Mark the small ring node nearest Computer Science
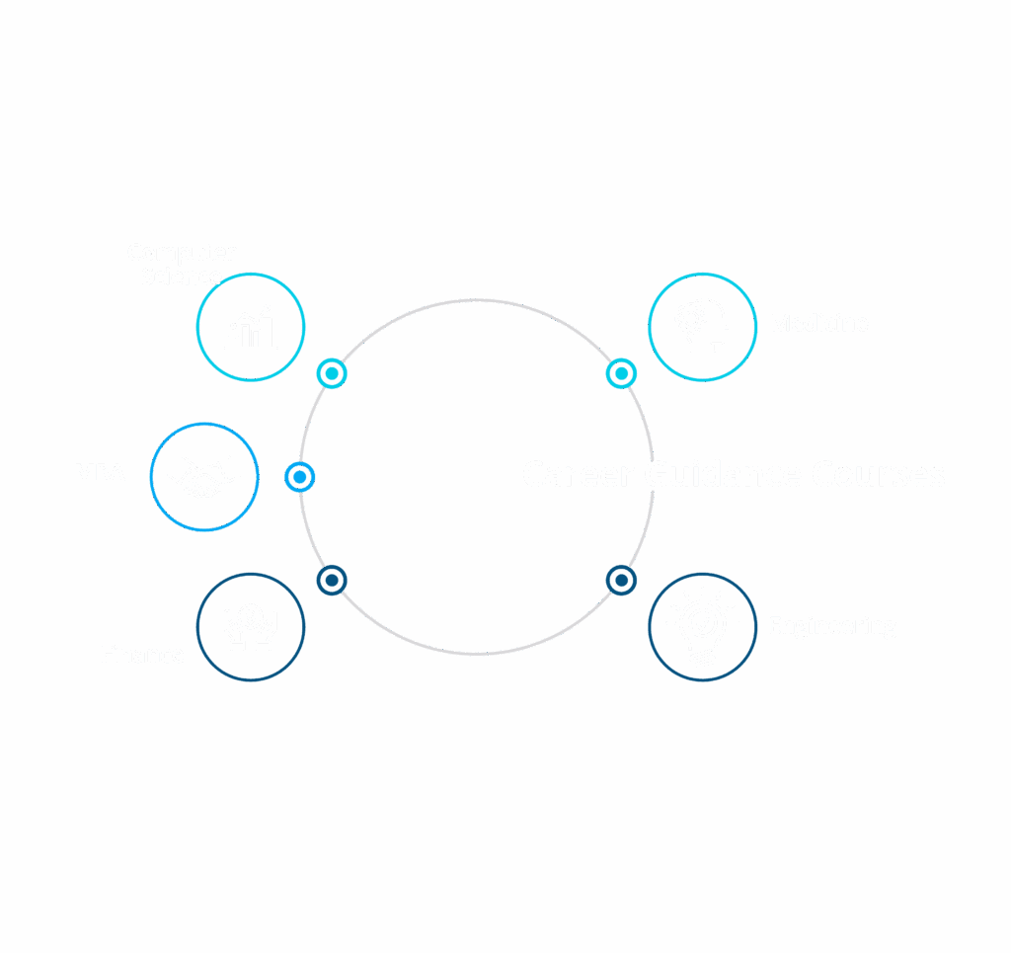coord(333,373)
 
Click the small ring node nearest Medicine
coord(620,372)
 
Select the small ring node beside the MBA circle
coord(299,477)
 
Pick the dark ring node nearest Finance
coord(333,580)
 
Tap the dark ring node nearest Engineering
coord(620,580)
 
